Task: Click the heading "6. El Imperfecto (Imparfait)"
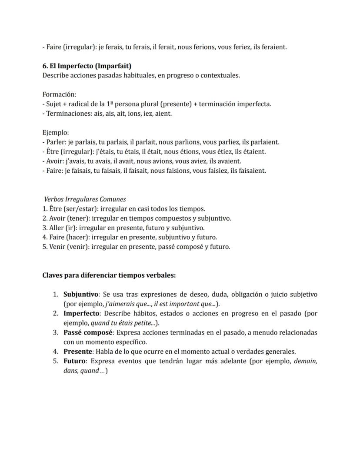tap(87, 66)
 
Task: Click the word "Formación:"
tap(59, 94)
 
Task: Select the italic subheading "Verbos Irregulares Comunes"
tap(85, 199)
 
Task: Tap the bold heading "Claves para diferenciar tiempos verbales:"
tap(109, 275)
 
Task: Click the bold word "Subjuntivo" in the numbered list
tap(81, 295)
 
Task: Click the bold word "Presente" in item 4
tap(78, 352)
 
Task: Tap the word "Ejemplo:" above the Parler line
tap(56, 133)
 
